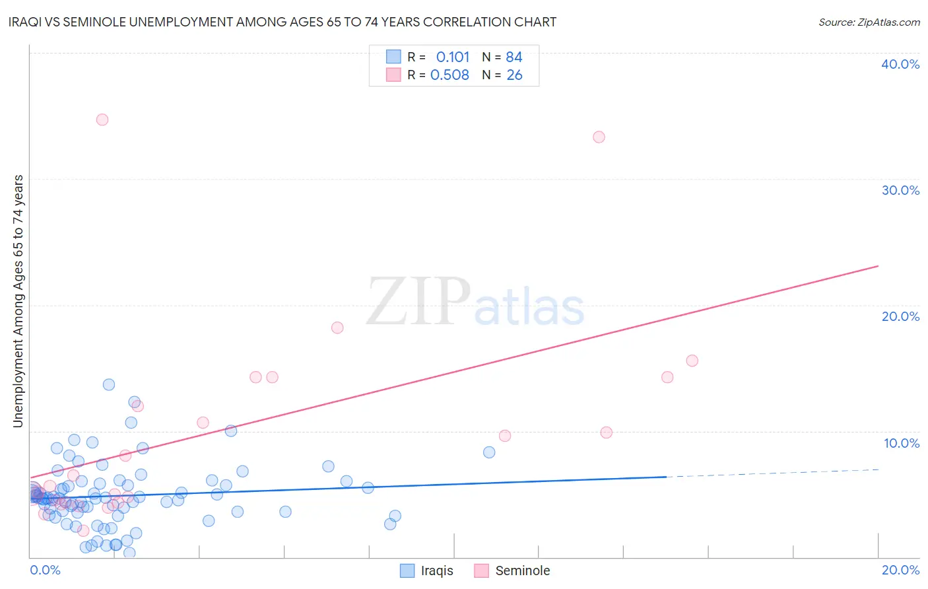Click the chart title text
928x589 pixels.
[283, 22]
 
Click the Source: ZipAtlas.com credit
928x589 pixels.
[869, 22]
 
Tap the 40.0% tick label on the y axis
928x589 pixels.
[900, 64]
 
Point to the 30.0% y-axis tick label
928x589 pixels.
[900, 190]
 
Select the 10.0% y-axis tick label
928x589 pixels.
[901, 443]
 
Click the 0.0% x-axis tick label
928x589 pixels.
[45, 570]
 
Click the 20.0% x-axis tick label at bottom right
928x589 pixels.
[900, 570]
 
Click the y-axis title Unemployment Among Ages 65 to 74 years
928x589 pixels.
[18, 300]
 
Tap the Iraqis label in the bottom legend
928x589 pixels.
[437, 571]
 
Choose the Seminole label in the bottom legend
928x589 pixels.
[522, 571]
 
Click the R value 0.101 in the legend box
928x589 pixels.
[453, 57]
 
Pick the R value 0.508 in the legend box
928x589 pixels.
[449, 75]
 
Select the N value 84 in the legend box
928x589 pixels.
[514, 57]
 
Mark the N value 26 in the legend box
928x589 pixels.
[514, 75]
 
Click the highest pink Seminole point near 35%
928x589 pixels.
[102, 120]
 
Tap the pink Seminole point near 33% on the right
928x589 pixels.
[599, 137]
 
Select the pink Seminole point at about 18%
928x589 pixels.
[337, 328]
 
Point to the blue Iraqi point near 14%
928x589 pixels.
[109, 384]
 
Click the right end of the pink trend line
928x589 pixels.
[877, 266]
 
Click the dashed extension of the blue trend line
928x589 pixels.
[772, 473]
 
